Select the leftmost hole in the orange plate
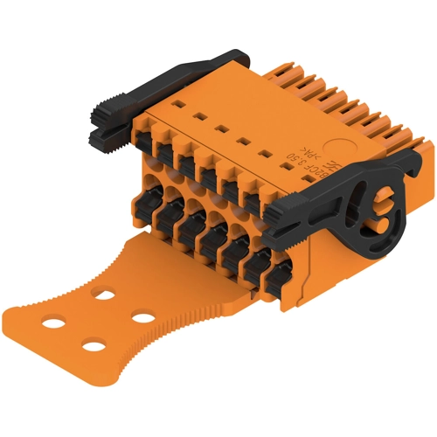pyautogui.click(x=53, y=323)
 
